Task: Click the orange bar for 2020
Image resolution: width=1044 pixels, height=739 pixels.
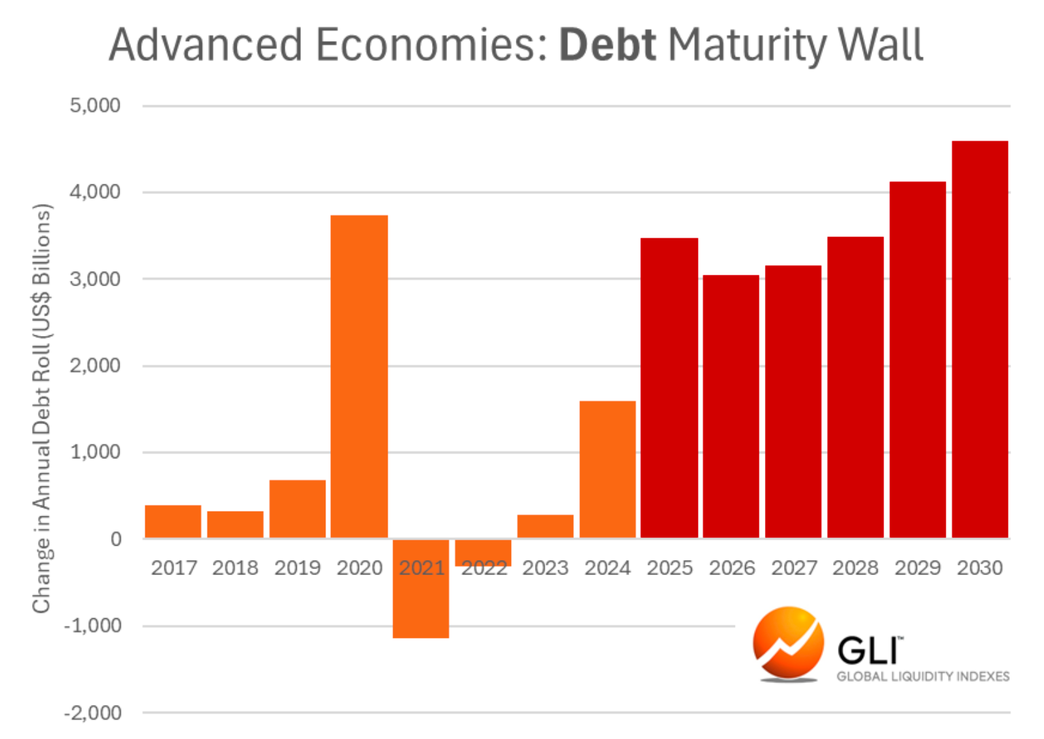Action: click(360, 376)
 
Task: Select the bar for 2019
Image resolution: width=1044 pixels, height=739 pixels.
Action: click(298, 509)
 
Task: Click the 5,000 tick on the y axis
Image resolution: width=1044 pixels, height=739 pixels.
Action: click(95, 106)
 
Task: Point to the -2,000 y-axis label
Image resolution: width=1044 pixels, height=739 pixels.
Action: click(93, 713)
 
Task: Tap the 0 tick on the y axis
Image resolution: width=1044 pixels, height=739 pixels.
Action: click(116, 539)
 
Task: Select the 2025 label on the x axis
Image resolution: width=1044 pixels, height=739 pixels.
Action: click(669, 568)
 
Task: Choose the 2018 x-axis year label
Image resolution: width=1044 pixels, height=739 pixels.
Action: click(235, 568)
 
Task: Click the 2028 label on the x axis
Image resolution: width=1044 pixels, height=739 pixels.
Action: click(855, 568)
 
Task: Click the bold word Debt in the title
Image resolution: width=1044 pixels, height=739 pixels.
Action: click(607, 45)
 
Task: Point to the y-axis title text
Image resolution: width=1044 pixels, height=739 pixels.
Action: click(42, 408)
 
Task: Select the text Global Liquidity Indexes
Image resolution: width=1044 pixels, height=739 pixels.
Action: click(923, 676)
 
